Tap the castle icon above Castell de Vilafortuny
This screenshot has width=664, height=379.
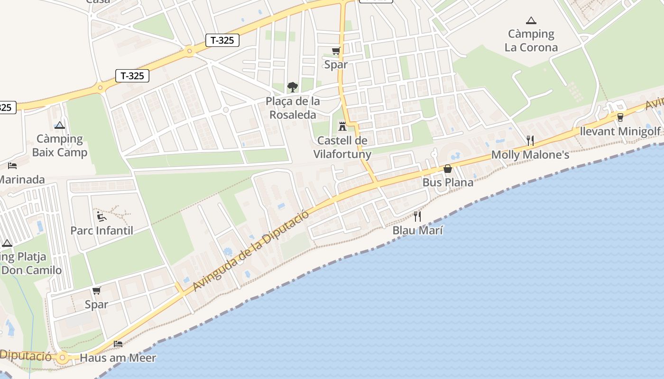342,126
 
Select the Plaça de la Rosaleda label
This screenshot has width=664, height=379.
293,108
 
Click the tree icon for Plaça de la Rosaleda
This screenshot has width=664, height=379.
293,87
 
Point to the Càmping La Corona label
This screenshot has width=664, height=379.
531,41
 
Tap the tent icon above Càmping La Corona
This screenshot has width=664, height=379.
531,20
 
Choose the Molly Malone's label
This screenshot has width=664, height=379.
530,155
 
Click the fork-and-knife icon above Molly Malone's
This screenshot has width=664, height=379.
530,140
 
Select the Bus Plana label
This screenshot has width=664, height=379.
448,182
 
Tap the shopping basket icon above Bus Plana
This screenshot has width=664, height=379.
447,169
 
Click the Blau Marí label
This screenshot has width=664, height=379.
417,231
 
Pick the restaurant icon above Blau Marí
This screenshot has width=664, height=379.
417,217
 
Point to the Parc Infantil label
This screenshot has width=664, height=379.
101,231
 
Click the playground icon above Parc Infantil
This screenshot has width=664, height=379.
101,217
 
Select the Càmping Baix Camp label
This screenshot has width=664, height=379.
60,145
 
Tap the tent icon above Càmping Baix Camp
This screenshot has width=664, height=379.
59,125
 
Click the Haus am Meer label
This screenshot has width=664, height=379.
118,358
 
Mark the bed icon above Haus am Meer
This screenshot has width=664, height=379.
118,343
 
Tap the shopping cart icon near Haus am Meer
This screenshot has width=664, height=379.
97,290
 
